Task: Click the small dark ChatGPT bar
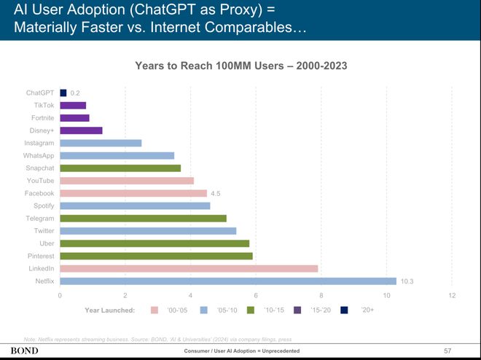(x=63, y=93)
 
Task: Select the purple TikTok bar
(x=73, y=105)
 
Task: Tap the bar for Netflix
(x=228, y=281)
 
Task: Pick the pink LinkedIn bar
(x=189, y=268)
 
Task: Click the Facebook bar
(x=133, y=193)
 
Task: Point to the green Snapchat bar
(x=120, y=168)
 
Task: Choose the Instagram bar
(x=101, y=143)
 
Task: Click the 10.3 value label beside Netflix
(x=408, y=281)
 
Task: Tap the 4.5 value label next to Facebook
(x=216, y=193)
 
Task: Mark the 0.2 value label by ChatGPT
(x=75, y=93)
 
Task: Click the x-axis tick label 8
(x=321, y=295)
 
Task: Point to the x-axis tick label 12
(x=452, y=295)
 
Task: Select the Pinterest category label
(x=41, y=256)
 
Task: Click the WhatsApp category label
(x=39, y=155)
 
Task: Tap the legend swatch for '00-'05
(x=154, y=310)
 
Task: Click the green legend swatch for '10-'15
(x=251, y=310)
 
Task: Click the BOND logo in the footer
(x=23, y=351)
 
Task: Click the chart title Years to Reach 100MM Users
(x=240, y=66)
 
